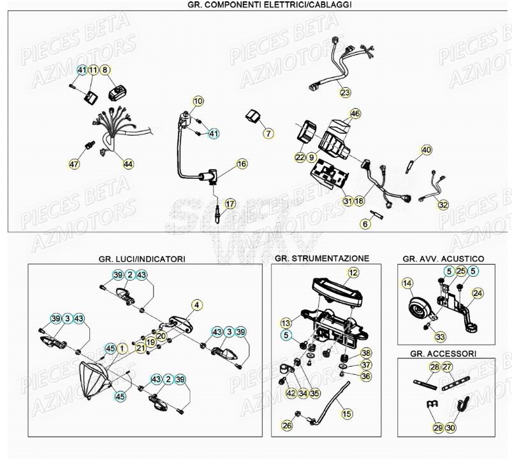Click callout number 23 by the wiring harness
345,93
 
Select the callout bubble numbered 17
230,204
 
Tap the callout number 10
198,101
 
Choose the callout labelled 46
355,114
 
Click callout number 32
443,204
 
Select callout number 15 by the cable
346,414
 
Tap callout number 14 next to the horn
407,283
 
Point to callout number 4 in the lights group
196,305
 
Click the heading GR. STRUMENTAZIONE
321,259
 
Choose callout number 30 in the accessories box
451,428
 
